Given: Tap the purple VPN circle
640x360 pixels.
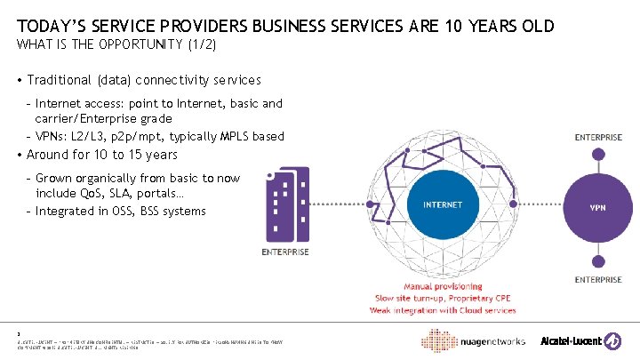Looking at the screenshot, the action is [598, 207].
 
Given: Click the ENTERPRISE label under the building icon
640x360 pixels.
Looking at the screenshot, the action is [286, 252].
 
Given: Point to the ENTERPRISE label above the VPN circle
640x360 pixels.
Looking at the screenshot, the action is [598, 138].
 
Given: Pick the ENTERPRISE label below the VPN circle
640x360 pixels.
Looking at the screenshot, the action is [598, 280].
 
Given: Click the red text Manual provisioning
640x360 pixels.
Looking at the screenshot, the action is [443, 286].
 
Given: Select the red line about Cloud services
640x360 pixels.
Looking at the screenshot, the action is [443, 310].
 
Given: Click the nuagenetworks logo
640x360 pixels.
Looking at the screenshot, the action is [486, 341].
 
